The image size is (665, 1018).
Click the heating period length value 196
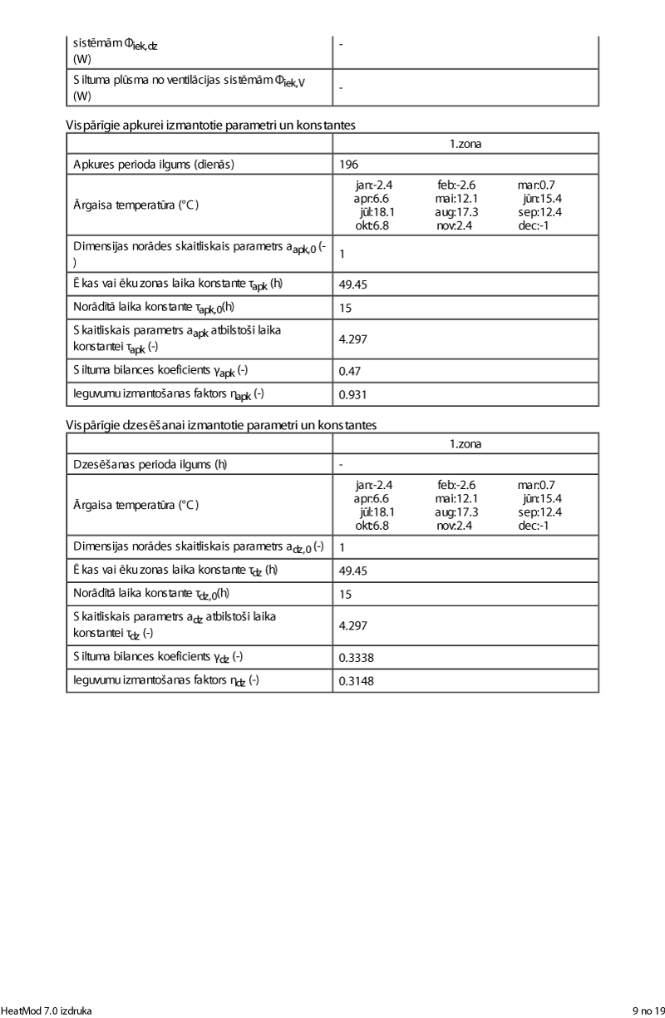pyautogui.click(x=348, y=164)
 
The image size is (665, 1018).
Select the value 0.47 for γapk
pyautogui.click(x=349, y=371)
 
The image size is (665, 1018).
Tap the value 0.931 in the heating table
pyautogui.click(x=352, y=393)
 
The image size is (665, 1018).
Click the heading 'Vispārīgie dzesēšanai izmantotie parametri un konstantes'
pyautogui.click(x=221, y=425)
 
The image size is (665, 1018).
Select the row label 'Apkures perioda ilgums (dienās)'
pyautogui.click(x=154, y=164)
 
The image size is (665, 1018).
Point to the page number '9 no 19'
pyautogui.click(x=648, y=1011)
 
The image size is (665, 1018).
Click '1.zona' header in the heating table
pyautogui.click(x=465, y=144)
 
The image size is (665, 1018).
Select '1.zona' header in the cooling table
pyautogui.click(x=465, y=444)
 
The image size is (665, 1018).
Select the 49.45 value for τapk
pyautogui.click(x=353, y=284)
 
